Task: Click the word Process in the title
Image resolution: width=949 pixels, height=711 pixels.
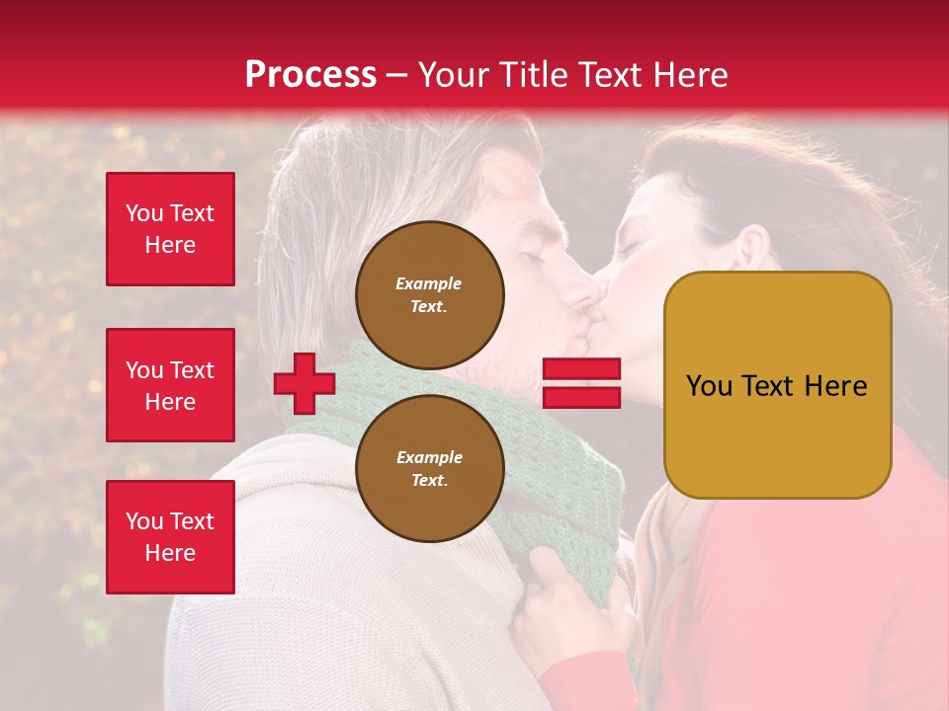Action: pyautogui.click(x=310, y=75)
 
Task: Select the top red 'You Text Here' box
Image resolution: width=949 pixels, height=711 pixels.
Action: pyautogui.click(x=170, y=229)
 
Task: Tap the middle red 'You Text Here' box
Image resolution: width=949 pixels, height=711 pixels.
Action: pyautogui.click(x=170, y=385)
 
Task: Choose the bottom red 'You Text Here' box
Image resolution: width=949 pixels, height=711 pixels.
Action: pyautogui.click(x=170, y=537)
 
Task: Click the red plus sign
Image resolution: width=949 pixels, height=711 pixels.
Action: pyautogui.click(x=304, y=383)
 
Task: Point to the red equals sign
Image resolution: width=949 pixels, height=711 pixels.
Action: pyautogui.click(x=581, y=383)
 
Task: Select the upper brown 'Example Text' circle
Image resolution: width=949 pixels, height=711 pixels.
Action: pyautogui.click(x=429, y=295)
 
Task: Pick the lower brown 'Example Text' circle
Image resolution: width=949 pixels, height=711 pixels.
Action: pyautogui.click(x=429, y=468)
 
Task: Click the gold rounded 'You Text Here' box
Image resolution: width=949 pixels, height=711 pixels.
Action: pyautogui.click(x=777, y=385)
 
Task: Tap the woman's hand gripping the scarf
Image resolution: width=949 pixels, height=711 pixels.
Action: pyautogui.click(x=568, y=602)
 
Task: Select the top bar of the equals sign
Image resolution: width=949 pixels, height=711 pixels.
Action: pyautogui.click(x=581, y=369)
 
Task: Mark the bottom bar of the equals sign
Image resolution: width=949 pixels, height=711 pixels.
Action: pyautogui.click(x=581, y=397)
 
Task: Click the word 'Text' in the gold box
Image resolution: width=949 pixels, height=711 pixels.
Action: pyautogui.click(x=770, y=386)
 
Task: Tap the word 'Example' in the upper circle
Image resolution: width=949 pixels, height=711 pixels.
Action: pyautogui.click(x=429, y=283)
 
